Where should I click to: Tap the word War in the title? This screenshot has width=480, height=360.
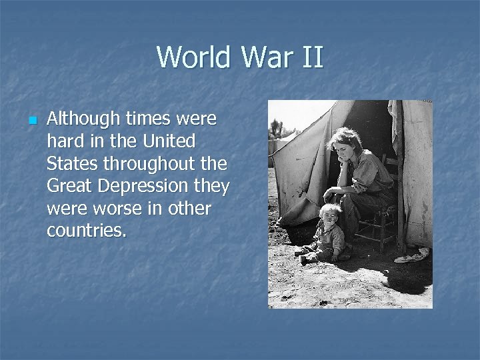(x=262, y=57)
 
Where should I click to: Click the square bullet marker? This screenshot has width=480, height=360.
(x=31, y=121)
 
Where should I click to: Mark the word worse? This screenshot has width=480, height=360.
(x=112, y=209)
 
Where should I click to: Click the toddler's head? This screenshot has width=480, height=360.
(x=331, y=214)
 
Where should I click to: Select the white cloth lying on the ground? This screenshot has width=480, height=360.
(x=412, y=255)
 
